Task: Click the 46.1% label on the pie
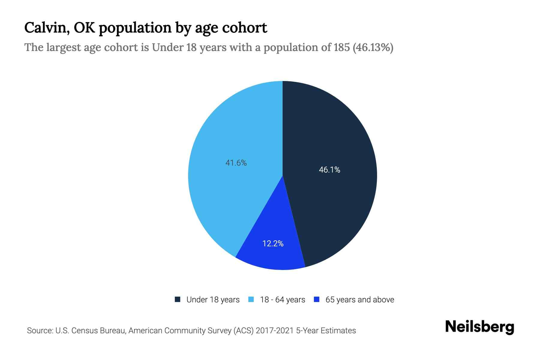coord(329,170)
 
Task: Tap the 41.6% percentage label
coord(236,163)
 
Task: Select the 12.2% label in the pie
coord(273,244)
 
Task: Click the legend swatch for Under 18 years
coord(178,299)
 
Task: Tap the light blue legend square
coord(251,299)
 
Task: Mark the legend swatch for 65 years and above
coord(316,299)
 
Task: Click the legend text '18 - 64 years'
coord(283,300)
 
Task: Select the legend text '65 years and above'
coord(360,300)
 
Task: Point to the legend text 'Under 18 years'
coord(213,300)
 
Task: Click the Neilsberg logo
coord(479,327)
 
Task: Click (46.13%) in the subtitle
coord(373,47)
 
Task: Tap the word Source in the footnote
coord(39,331)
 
